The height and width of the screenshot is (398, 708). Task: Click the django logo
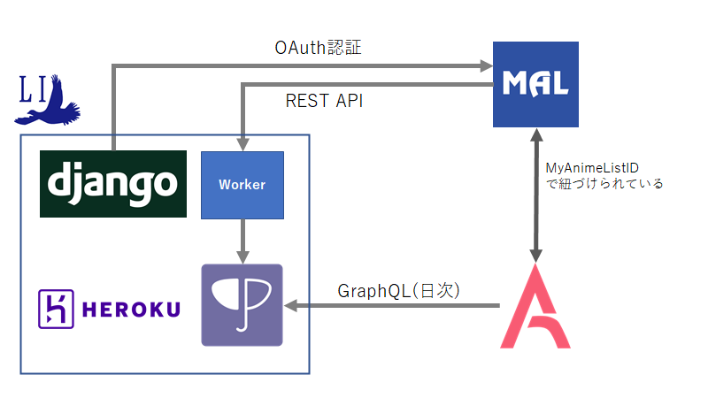pos(113,184)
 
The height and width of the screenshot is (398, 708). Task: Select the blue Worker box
pos(242,185)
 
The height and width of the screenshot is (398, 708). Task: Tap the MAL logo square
pos(535,84)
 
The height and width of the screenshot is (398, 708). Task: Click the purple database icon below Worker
pos(242,304)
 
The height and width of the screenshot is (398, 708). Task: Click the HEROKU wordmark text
pos(131,309)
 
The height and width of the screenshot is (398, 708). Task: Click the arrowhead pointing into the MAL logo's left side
pos(486,65)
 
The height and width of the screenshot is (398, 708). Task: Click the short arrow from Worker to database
pos(242,241)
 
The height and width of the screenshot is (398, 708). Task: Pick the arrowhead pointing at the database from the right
pos(290,306)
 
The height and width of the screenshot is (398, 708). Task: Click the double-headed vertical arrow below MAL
pos(535,195)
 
